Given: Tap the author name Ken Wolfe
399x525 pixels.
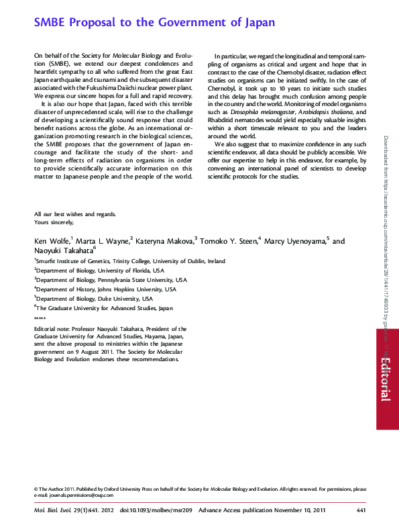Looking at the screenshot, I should tap(51, 241).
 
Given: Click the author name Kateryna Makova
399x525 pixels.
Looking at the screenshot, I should tap(164, 241).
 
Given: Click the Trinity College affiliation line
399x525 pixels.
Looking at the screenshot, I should tap(130, 261).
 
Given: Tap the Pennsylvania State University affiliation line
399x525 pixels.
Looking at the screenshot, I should tap(111, 280).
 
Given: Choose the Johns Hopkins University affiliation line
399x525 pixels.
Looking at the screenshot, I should tap(105, 289).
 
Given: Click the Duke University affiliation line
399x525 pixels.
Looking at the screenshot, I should tap(94, 299).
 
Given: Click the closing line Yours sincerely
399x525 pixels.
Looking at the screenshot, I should tap(54, 222).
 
